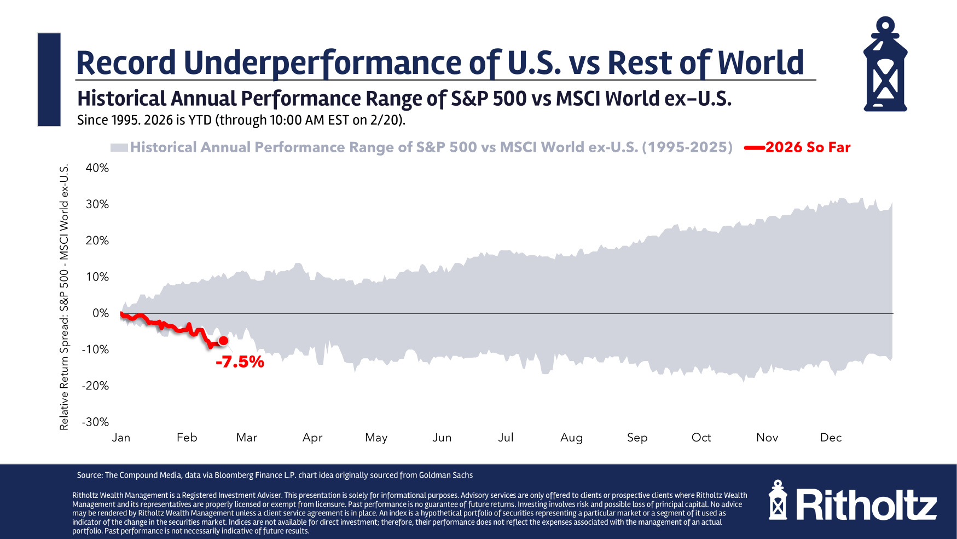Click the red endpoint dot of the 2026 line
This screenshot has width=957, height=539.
pos(223,341)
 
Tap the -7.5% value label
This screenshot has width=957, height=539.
pos(240,362)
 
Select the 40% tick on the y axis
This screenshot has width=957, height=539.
pos(97,168)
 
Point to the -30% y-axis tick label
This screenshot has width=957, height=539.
pos(95,422)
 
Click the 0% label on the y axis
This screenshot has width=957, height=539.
pos(101,313)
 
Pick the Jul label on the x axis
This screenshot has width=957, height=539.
pos(506,437)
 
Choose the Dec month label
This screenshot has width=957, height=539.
pos(831,437)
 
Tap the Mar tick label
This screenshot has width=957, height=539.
pos(246,437)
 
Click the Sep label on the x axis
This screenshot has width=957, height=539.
pos(637,437)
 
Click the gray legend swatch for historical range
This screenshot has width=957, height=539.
pos(119,147)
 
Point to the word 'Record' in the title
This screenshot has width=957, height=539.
pos(126,62)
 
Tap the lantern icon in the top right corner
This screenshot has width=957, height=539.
pos(885,65)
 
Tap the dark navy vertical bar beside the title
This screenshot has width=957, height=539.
pos(49,79)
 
